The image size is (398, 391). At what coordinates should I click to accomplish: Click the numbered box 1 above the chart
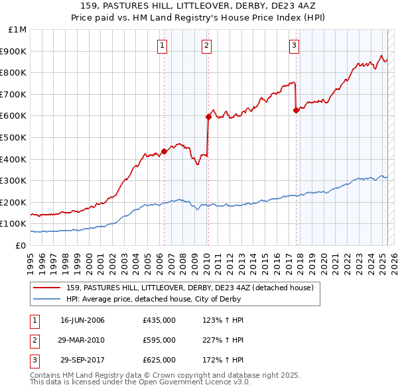click(x=163, y=46)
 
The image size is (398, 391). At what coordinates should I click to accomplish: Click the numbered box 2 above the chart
click(x=207, y=46)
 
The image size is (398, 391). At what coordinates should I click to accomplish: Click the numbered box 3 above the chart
click(x=294, y=46)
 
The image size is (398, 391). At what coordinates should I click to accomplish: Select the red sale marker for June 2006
click(x=164, y=151)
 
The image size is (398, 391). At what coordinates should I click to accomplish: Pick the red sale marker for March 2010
click(x=208, y=117)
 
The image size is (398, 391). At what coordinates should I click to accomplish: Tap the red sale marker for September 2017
click(x=296, y=111)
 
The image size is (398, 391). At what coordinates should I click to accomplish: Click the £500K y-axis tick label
click(x=15, y=137)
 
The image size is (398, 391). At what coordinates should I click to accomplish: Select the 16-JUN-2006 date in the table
click(x=82, y=320)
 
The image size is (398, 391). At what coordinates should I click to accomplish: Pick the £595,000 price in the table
click(x=159, y=340)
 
